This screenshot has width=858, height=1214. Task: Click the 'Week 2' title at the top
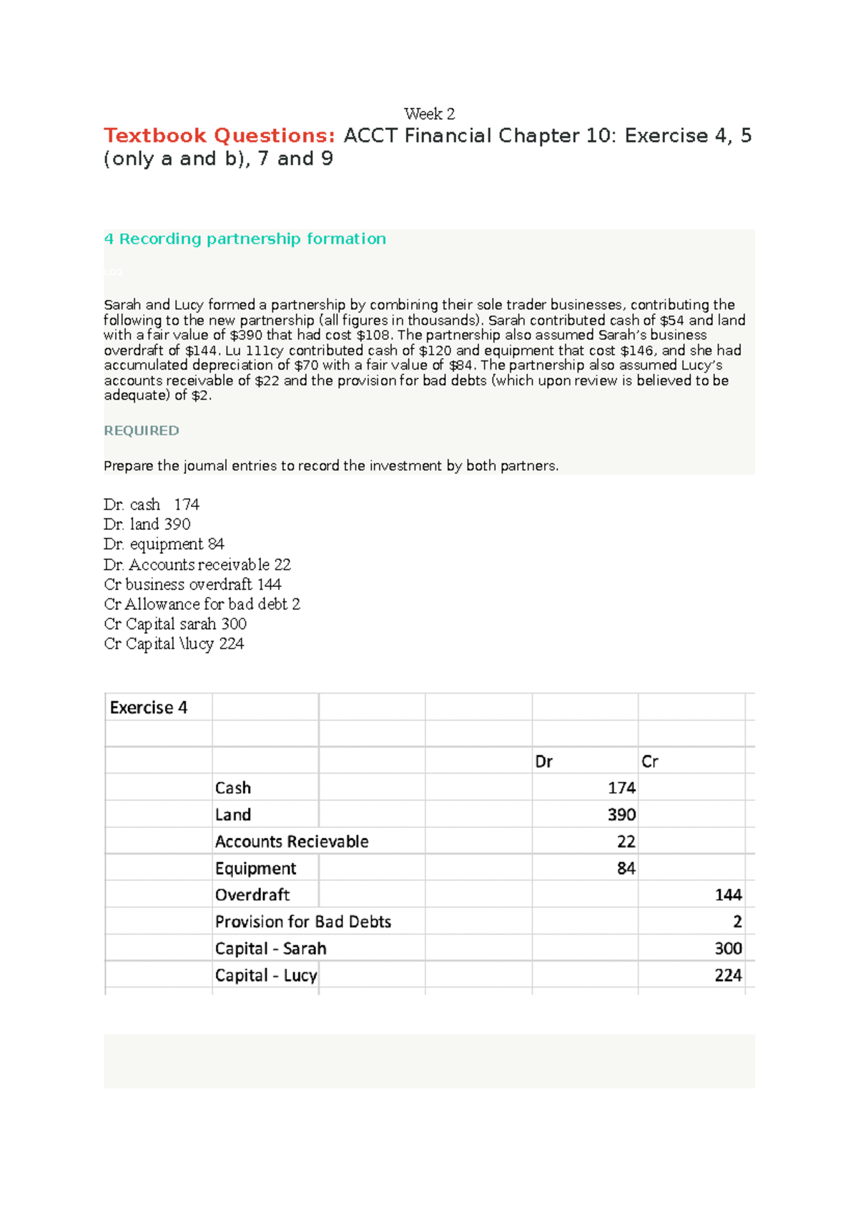coord(429,114)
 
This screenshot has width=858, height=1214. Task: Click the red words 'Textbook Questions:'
coord(220,135)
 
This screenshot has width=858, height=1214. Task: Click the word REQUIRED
coord(142,430)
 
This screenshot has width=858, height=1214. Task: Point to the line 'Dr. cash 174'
coord(151,505)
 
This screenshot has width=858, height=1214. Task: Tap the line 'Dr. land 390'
coord(147,524)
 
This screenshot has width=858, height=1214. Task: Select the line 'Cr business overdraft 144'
coord(192,584)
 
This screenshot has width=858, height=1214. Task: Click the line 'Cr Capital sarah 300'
coord(175,624)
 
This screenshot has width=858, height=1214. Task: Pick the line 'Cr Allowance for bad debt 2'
coord(202,604)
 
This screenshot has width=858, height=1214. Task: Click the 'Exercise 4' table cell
coord(149,708)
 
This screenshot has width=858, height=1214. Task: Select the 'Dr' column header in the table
coord(543,761)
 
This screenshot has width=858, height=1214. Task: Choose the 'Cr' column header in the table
coord(649,761)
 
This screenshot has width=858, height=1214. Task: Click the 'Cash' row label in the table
coord(233,788)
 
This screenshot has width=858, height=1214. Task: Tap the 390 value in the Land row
coord(621,815)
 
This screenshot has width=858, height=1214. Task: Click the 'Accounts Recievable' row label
coord(292,842)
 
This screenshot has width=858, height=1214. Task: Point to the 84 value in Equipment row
coord(626,869)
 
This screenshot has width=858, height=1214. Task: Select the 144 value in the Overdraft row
coord(728,895)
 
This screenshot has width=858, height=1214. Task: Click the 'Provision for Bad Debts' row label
coord(303,922)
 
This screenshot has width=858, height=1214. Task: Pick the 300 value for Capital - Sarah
coord(728,949)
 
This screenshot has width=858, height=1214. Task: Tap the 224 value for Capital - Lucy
coord(728,975)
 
